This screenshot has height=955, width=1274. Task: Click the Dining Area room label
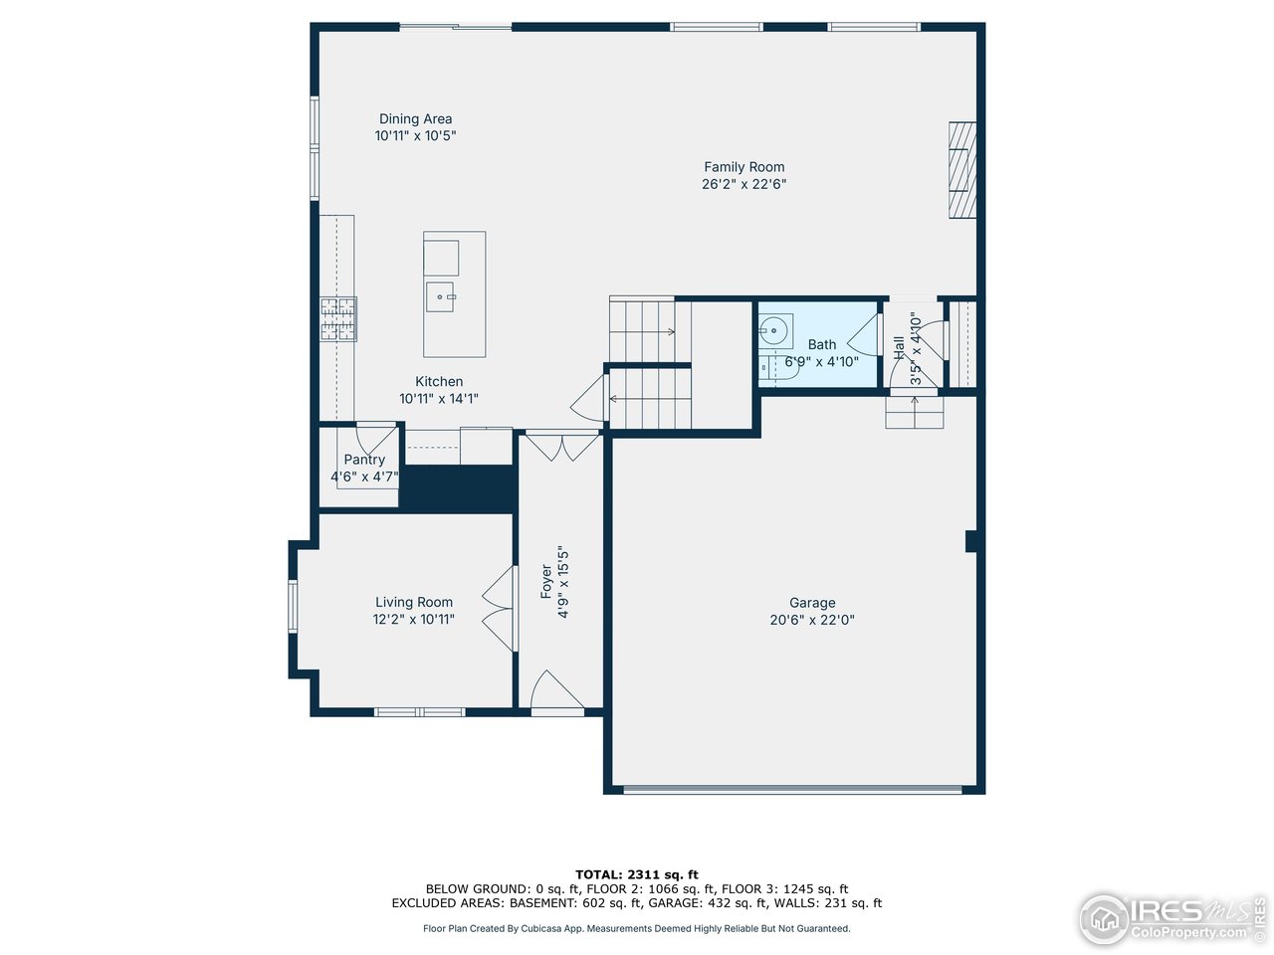click(415, 119)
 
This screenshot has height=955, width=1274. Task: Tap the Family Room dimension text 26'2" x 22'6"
click(743, 184)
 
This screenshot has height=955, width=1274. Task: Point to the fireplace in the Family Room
click(961, 170)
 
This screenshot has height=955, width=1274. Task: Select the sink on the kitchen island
click(440, 296)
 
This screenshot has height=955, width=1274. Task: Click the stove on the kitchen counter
click(338, 319)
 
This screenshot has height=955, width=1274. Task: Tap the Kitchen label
click(439, 382)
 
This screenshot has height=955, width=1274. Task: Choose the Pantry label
click(364, 460)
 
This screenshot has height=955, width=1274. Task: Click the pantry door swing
click(375, 437)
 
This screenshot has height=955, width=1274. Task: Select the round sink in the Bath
click(774, 329)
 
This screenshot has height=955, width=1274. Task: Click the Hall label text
click(899, 348)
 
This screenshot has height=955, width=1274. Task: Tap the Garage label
click(812, 603)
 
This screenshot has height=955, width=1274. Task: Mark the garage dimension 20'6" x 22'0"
click(812, 620)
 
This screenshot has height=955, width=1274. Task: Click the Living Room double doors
click(501, 609)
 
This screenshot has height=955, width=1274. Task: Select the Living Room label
click(414, 602)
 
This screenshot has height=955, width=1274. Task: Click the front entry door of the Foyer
click(555, 693)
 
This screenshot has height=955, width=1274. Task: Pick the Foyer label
click(546, 581)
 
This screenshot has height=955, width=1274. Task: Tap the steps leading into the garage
click(915, 413)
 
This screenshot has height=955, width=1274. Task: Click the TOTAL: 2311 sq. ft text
click(637, 874)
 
